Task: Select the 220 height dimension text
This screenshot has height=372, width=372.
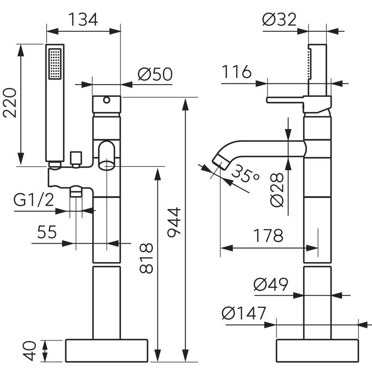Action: (x=10, y=103)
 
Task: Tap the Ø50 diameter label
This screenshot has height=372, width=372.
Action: (x=155, y=74)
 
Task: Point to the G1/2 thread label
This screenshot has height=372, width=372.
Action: (x=33, y=200)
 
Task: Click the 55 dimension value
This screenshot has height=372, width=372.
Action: (x=46, y=232)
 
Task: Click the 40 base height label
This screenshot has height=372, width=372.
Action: (x=29, y=350)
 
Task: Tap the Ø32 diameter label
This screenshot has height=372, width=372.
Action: (x=279, y=19)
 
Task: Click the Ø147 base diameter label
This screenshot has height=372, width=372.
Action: (x=244, y=313)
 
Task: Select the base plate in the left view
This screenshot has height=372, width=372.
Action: (x=107, y=350)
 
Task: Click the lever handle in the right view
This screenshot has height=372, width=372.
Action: (x=287, y=99)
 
